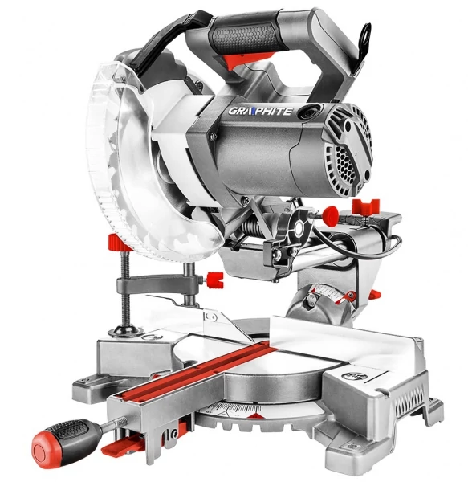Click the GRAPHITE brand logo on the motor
point(260,111)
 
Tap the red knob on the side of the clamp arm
point(214,280)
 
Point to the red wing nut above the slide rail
point(365,206)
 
